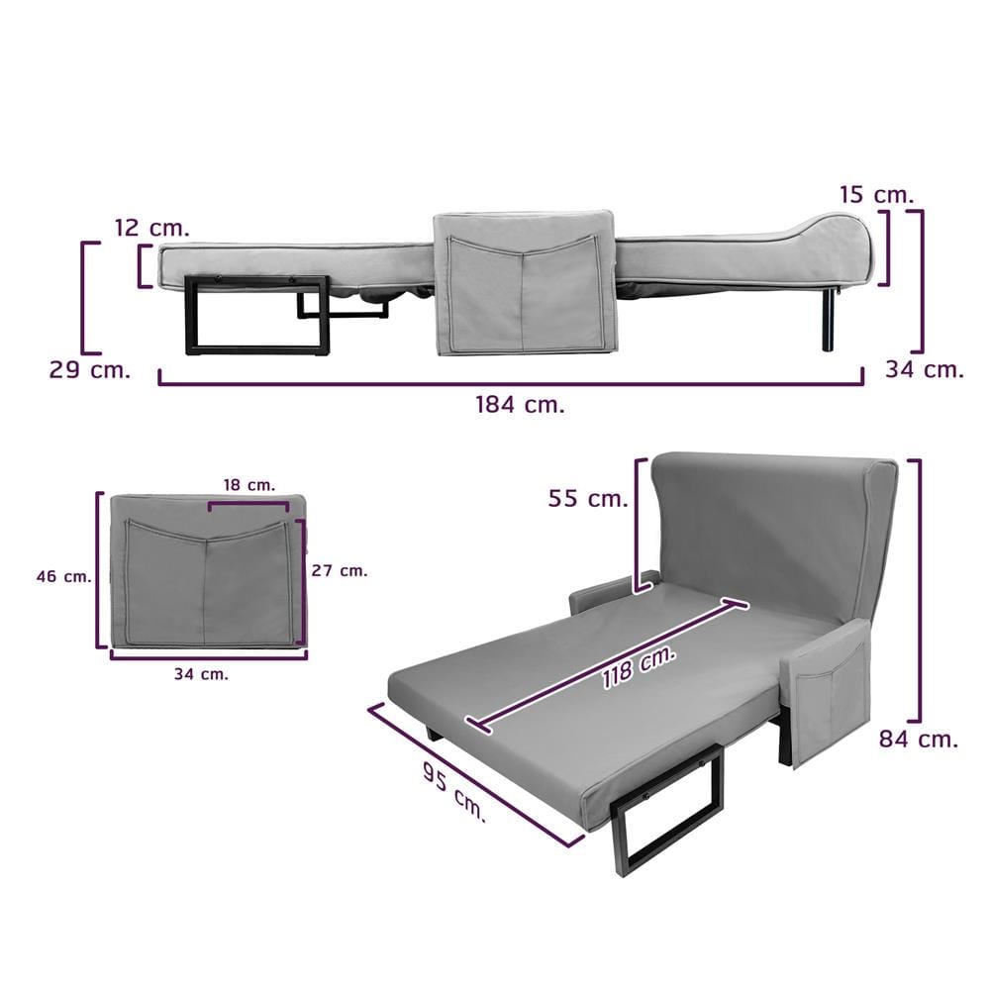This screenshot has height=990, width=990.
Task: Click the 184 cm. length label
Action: coord(520,404)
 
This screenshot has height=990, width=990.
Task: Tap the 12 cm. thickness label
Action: coord(152,228)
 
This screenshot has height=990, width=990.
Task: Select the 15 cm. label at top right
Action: coord(876,194)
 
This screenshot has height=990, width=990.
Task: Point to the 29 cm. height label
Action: coord(90,370)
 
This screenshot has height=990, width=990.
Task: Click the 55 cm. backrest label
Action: coord(588,498)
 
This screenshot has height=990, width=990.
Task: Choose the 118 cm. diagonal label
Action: coord(639,666)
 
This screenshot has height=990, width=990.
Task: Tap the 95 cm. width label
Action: coord(454,791)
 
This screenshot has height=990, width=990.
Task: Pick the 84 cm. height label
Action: coord(919,739)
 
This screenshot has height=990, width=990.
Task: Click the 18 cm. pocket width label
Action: coord(249,485)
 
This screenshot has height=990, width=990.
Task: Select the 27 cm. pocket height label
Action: coord(339,571)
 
